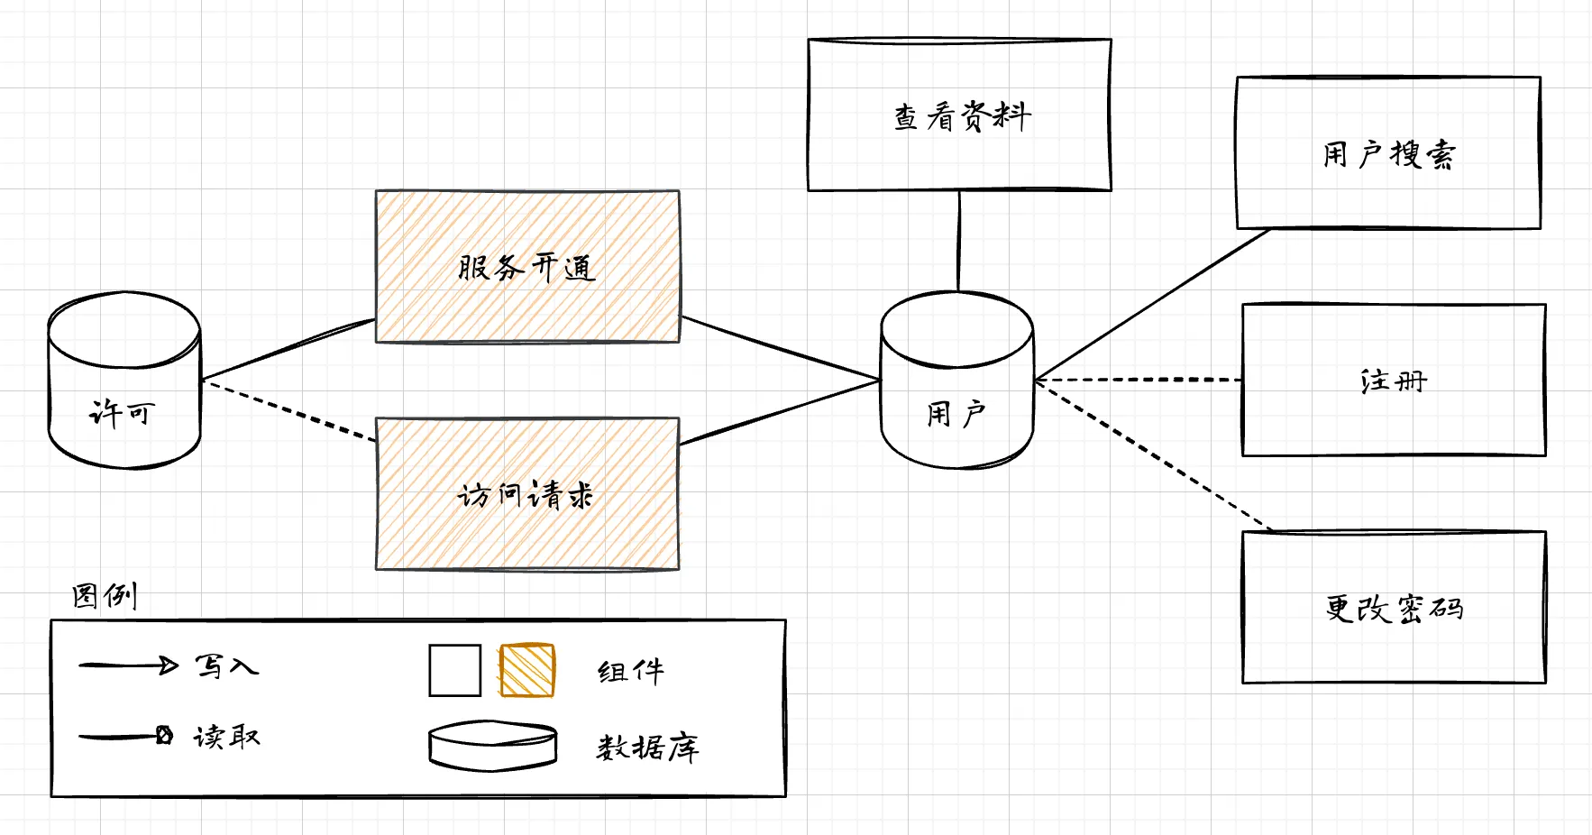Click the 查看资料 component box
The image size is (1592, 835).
[959, 115]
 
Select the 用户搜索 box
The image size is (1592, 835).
[1388, 152]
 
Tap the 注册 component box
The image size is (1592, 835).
[1394, 380]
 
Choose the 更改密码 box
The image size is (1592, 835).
[1394, 607]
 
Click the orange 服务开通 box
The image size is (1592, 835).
[527, 266]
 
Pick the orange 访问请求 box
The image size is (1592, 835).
[527, 493]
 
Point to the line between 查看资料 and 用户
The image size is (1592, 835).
[959, 241]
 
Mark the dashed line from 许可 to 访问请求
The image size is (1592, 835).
[288, 410]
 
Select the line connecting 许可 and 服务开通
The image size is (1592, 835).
[288, 349]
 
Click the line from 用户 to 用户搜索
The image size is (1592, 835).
[1154, 304]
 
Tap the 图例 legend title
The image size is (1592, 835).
[105, 595]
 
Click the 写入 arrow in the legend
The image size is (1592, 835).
[128, 666]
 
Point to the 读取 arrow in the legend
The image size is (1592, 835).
[124, 737]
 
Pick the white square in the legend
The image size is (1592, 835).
[454, 670]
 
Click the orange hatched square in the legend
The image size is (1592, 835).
[527, 670]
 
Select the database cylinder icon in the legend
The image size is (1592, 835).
[492, 745]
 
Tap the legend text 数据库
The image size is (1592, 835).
[647, 747]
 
